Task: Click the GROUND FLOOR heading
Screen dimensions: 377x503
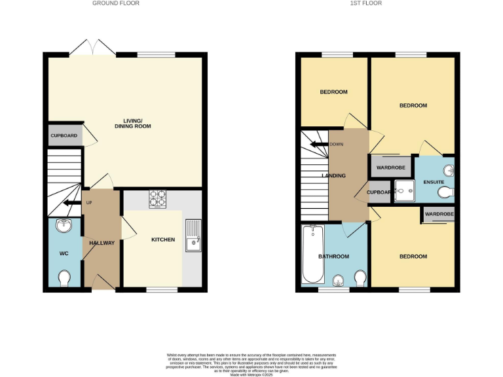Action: point(115,3)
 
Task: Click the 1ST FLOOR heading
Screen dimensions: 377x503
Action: point(365,3)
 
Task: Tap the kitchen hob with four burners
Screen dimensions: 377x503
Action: point(157,198)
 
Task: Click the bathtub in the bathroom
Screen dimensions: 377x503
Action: point(310,255)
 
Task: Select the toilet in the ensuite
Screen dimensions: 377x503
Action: point(446,192)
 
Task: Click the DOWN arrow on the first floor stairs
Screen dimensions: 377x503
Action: point(320,144)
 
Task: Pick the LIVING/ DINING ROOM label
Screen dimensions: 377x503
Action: point(137,123)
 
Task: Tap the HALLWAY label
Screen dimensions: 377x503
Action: point(102,243)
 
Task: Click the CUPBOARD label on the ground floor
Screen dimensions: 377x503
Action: point(64,135)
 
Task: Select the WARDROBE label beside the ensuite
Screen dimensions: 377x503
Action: point(391,168)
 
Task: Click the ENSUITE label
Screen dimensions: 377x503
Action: point(434,181)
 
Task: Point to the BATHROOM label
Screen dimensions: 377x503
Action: point(333,257)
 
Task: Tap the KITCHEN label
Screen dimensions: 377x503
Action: point(163,240)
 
